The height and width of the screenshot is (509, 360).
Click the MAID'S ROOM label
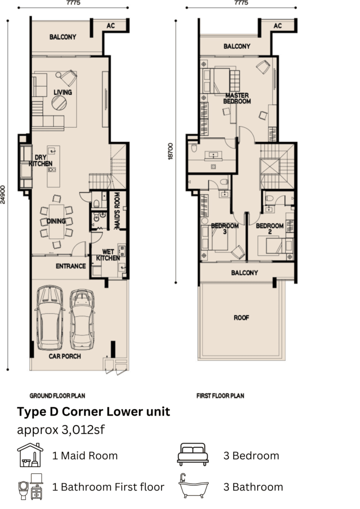tap(117, 211)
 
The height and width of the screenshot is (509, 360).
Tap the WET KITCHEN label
tap(108, 255)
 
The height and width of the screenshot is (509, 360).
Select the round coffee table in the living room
tap(59, 103)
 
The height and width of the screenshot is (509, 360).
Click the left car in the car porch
tap(50, 318)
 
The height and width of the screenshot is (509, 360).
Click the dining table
tap(57, 221)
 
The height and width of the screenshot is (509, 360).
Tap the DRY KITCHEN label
tap(41, 161)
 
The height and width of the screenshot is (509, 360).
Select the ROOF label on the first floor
tap(241, 318)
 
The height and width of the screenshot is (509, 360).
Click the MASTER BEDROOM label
tap(237, 98)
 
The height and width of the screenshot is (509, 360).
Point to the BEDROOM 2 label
tap(270, 229)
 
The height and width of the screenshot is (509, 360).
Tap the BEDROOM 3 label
tap(225, 229)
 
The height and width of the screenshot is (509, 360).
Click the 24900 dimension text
tap(3, 194)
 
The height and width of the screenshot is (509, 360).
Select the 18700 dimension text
tap(171, 151)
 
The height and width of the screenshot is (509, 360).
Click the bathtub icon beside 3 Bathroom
tap(194, 486)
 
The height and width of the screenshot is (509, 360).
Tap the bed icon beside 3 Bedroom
tap(193, 454)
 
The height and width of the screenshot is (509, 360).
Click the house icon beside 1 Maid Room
tap(30, 455)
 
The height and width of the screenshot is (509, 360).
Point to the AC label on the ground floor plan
tap(111, 26)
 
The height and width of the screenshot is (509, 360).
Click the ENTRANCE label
tap(71, 266)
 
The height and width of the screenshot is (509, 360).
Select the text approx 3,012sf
tap(61, 430)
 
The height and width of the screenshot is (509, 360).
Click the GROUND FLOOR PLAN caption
tap(58, 396)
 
